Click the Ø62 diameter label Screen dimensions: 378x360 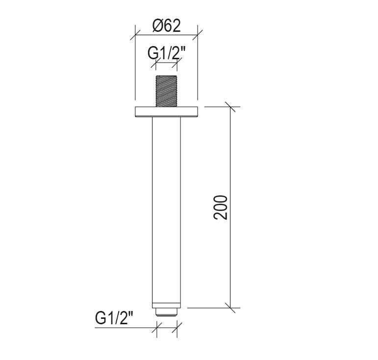[167, 26]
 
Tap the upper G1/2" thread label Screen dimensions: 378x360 [167, 53]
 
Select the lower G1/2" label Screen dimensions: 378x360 [114, 318]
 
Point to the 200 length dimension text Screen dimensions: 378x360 [221, 207]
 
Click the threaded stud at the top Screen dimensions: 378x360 [166, 91]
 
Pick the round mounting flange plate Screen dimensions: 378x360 [166, 112]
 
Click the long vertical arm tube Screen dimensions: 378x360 [166, 210]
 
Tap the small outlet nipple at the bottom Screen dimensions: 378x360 [166, 312]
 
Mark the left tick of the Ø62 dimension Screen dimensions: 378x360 [135, 35]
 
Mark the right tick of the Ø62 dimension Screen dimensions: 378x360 [198, 35]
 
